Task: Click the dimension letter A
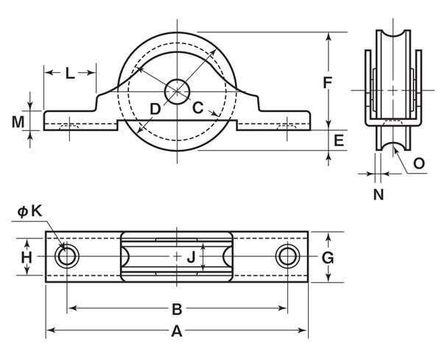177,331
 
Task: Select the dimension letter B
177,308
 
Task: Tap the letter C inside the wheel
198,107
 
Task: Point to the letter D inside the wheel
155,109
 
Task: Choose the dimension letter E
339,140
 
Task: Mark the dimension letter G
329,257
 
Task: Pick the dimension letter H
27,257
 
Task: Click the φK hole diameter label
31,211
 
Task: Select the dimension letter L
69,73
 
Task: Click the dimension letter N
378,194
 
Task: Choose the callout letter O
418,163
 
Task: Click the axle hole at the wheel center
177,91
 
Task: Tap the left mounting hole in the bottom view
67,256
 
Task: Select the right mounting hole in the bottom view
287,256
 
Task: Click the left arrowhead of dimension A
49,331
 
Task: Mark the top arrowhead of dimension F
329,34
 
